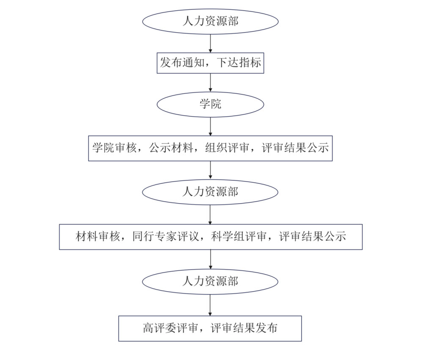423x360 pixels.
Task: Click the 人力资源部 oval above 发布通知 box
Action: [210, 21]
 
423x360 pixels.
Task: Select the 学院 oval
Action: [210, 104]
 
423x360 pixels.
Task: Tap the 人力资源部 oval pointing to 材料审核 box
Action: [210, 192]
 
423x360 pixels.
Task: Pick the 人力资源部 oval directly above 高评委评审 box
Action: [210, 281]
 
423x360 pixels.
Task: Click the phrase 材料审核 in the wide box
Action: [95, 237]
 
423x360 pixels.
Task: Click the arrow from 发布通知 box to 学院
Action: [210, 82]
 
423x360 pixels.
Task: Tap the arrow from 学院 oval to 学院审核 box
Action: [210, 126]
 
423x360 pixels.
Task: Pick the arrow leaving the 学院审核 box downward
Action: [210, 170]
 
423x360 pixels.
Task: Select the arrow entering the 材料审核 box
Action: [210, 215]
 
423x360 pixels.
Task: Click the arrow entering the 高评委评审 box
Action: [210, 305]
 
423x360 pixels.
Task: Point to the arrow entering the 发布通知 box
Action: [210, 43]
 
